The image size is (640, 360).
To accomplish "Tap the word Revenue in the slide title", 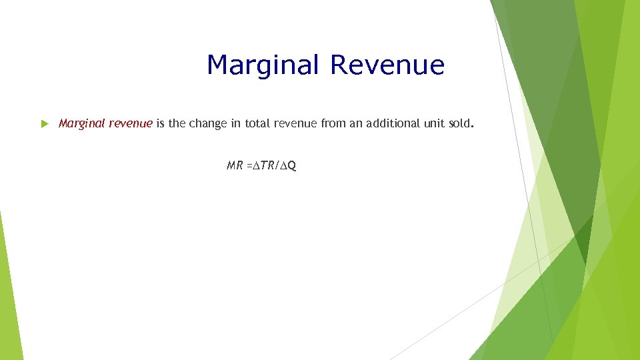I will point(387,65).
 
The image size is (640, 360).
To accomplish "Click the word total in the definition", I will point(256,123).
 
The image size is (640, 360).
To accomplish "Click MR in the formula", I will point(235,165).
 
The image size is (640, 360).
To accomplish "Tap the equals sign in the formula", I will point(249,165).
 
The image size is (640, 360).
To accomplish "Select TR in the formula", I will point(267,165).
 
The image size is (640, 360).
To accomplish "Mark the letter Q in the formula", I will point(293,165).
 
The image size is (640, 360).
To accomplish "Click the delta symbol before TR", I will point(256,165).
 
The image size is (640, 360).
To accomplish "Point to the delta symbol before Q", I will point(285,165).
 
